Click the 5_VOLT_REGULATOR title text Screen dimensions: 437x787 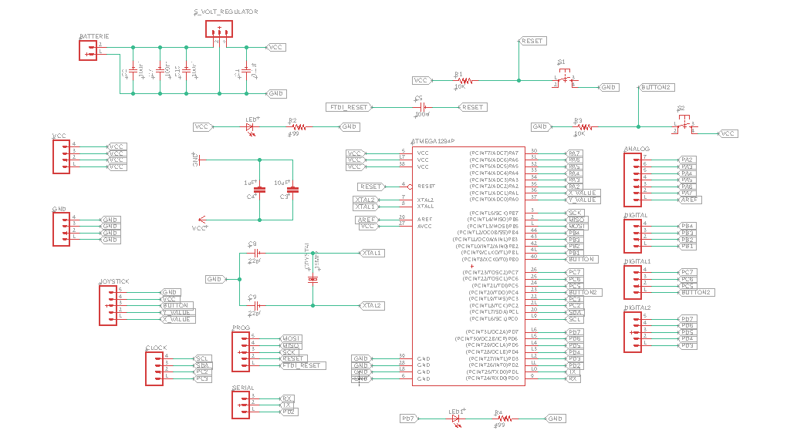point(225,12)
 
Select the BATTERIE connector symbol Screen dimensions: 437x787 point(89,50)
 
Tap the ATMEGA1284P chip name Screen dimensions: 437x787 point(434,141)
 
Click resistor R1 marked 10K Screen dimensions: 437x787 point(460,80)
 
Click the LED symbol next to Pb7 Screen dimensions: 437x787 point(454,418)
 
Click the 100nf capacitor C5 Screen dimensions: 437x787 point(422,107)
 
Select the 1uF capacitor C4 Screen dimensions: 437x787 point(259,188)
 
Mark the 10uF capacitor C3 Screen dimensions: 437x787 point(292,188)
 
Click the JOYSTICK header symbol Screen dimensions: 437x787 point(108,305)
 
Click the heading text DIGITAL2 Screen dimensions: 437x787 point(638,308)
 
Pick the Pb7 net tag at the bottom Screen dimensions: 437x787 point(408,418)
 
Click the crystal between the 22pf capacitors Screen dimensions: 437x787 point(312,278)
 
